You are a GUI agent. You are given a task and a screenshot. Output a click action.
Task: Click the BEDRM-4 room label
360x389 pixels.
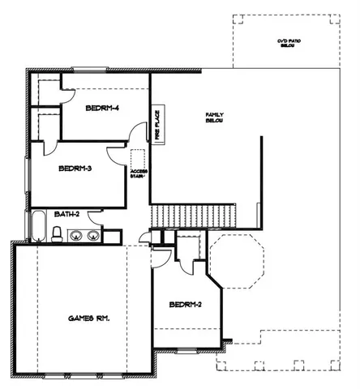point(103,107)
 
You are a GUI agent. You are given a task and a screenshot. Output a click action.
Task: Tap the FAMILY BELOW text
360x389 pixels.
point(214,118)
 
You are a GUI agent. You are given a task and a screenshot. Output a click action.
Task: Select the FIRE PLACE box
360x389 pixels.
point(158,124)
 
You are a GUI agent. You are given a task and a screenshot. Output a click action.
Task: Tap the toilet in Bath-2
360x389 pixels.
point(57,234)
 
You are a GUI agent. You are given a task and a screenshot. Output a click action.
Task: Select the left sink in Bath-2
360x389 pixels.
point(76,237)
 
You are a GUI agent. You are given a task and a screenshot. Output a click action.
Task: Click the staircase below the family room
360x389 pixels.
point(193,216)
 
